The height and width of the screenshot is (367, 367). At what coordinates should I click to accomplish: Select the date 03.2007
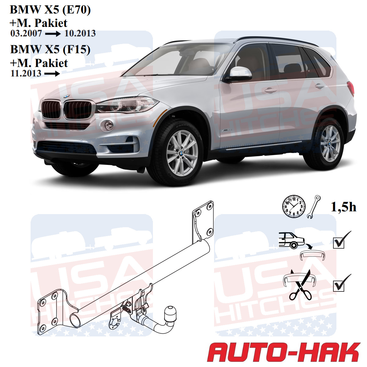(26, 33)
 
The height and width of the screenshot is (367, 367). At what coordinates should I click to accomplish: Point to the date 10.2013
(80, 33)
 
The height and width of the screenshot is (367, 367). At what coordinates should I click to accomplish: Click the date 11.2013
(26, 73)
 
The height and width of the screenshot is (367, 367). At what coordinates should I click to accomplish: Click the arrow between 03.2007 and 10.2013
(53, 34)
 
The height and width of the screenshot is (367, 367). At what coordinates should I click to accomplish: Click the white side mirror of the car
(240, 72)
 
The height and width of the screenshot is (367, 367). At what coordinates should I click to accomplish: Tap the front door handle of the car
(270, 90)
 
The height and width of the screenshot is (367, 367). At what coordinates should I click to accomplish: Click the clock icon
(293, 206)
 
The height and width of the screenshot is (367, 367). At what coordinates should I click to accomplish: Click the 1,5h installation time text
(343, 207)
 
